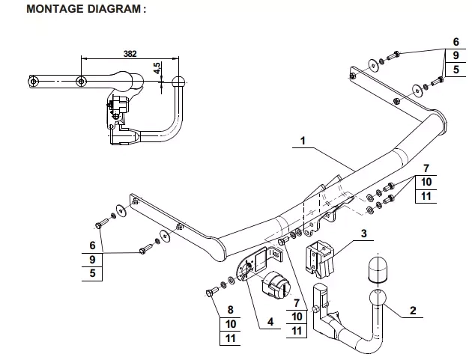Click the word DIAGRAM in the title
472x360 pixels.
coord(114,8)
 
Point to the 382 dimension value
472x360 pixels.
coord(130,54)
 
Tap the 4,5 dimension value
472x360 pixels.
coord(157,68)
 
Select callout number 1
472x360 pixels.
coord(303,141)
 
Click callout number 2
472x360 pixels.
coord(413,310)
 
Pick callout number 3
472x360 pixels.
coord(364,233)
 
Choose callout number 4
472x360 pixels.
coord(270,322)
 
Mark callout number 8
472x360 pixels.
coord(230,309)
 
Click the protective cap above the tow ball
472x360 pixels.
coord(378,269)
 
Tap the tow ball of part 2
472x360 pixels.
coord(378,298)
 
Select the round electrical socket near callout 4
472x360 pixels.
coord(276,284)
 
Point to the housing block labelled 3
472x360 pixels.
coord(320,259)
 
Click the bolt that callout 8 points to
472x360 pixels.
coord(212,291)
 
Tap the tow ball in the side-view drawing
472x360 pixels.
coord(179,82)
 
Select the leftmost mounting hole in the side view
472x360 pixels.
coord(33,81)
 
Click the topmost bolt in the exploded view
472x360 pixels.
coord(393,55)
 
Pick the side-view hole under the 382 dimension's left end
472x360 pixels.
coord(81,81)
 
